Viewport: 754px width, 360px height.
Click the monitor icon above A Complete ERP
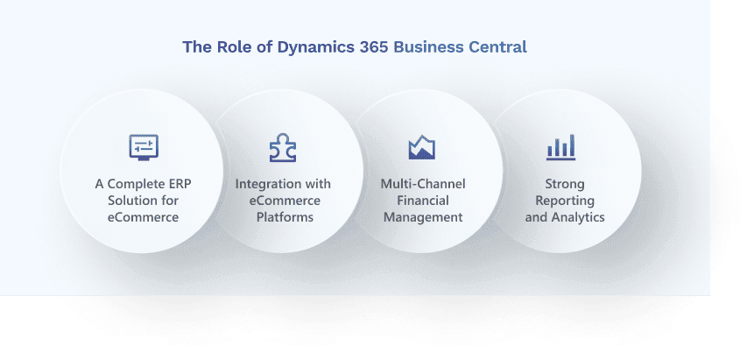click(x=144, y=146)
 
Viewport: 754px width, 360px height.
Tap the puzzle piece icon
click(x=283, y=147)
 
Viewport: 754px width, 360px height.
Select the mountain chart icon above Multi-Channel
click(x=422, y=147)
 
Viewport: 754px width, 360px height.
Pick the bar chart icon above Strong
click(x=561, y=147)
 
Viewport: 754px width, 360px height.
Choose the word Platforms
click(x=285, y=216)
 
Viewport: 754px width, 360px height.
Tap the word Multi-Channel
click(x=423, y=184)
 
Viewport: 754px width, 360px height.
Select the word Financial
click(x=423, y=201)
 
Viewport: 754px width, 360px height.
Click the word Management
click(x=423, y=216)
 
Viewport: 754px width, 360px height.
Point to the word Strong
click(x=565, y=184)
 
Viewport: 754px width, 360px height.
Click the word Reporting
click(x=565, y=201)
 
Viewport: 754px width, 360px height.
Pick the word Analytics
click(x=578, y=216)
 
